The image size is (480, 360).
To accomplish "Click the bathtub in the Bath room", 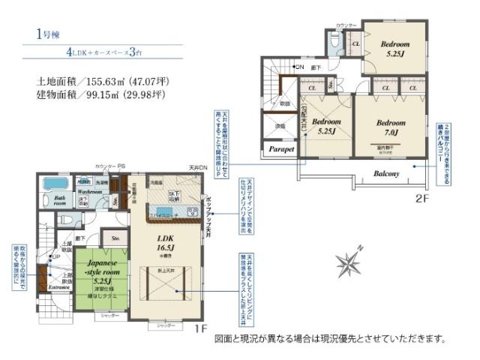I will [x=55, y=184].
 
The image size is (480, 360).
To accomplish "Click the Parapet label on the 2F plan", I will [x=280, y=149].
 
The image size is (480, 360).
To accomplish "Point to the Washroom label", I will [x=91, y=192].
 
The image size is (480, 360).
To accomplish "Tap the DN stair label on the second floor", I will [x=299, y=67].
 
